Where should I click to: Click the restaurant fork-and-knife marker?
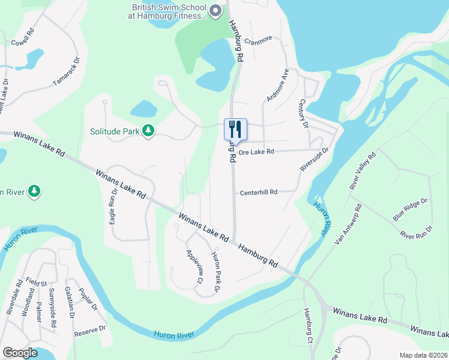[x=235, y=128]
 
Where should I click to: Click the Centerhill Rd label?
[x=259, y=193]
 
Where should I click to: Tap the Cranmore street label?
[x=258, y=38]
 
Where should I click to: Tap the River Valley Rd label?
[x=363, y=171]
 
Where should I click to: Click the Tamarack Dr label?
[x=65, y=71]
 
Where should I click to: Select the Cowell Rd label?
[x=22, y=37]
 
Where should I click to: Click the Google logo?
[x=20, y=353]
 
